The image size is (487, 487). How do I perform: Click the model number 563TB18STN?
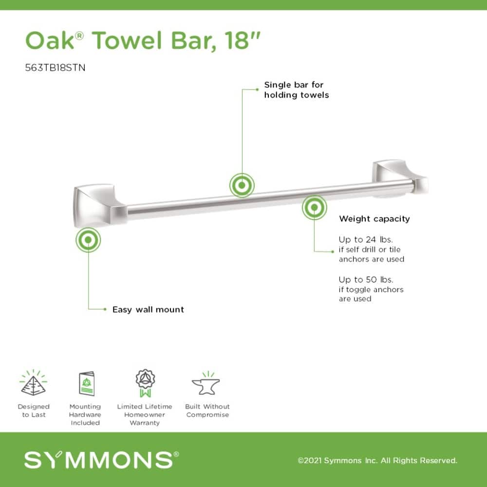pos(55,68)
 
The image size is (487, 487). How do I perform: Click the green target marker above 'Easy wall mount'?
pos(88,240)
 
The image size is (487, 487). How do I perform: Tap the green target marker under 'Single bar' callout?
pos(242,185)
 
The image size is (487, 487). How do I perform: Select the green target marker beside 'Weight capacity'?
pos(314,208)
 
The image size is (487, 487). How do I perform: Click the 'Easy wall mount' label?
pos(148,309)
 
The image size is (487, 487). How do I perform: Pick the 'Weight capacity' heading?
pos(374,219)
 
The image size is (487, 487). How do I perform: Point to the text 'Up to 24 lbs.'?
pos(366,240)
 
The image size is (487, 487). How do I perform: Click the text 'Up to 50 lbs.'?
pos(366,280)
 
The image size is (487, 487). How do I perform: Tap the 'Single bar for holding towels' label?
pos(296,90)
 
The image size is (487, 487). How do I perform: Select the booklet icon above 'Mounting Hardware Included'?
pos(86,384)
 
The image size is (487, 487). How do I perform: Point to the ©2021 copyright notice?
pos(377,460)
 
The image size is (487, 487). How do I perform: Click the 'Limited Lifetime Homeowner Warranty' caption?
pos(145,414)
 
